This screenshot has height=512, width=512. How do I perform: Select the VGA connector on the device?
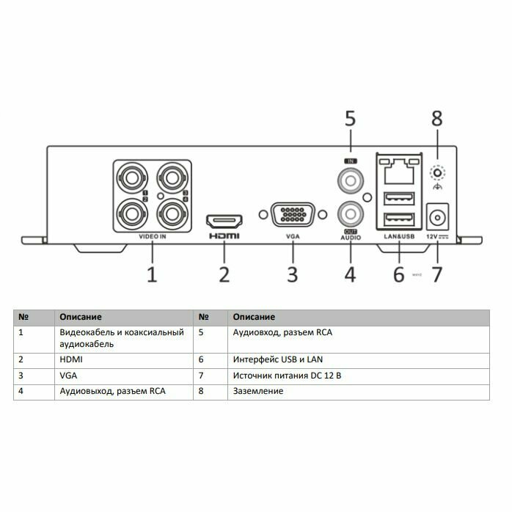click(292, 216)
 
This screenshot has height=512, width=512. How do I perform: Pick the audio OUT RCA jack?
click(350, 213)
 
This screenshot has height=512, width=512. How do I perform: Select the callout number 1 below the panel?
click(152, 275)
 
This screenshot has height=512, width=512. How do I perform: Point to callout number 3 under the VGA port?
click(292, 275)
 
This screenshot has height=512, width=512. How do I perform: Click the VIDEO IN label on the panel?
click(153, 237)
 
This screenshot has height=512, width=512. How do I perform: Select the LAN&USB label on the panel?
click(399, 237)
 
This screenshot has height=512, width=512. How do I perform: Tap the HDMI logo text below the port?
click(224, 236)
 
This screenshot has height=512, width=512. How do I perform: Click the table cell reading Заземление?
click(257, 391)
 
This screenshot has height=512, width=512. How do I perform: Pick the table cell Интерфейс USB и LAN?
click(277, 359)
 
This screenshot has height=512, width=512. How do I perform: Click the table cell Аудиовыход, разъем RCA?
click(112, 391)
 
